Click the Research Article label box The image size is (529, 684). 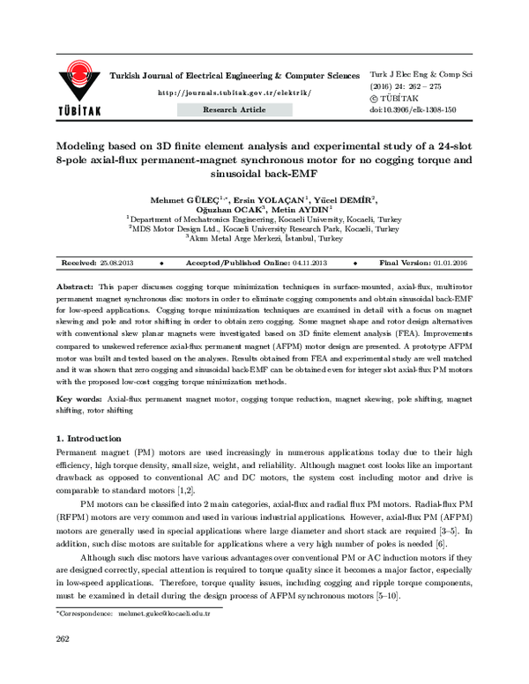[x=234, y=109]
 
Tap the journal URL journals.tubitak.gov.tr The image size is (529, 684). [x=234, y=93]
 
